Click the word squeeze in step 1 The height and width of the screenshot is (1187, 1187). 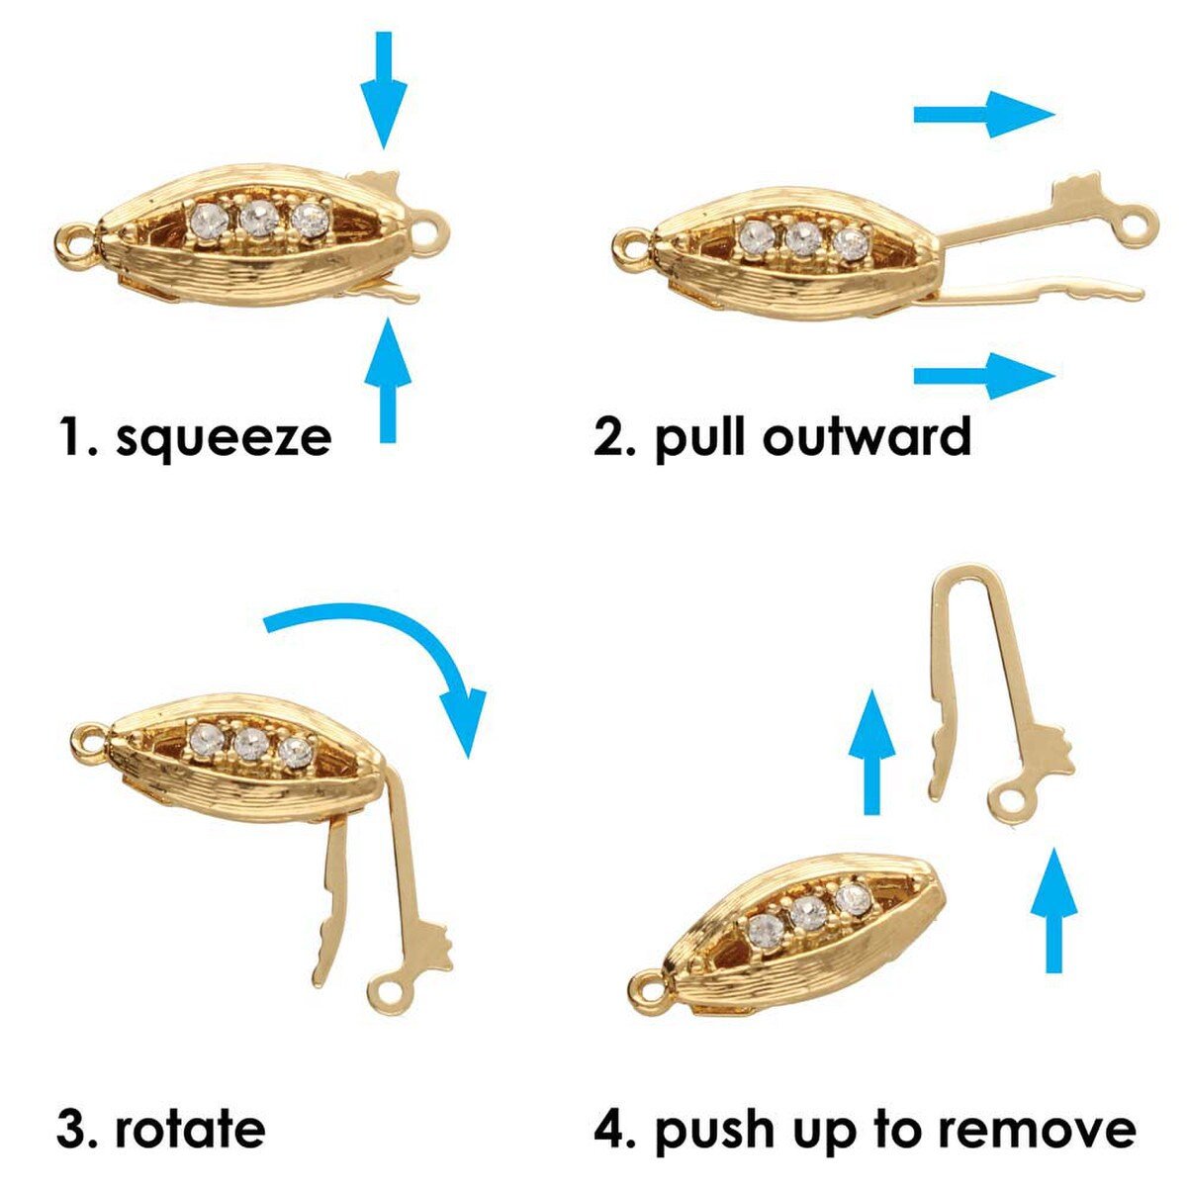[x=223, y=438]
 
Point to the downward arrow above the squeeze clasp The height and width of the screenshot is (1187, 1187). [x=384, y=89]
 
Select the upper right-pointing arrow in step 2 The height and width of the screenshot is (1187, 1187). [x=983, y=115]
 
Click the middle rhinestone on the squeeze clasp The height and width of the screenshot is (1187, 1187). [x=259, y=219]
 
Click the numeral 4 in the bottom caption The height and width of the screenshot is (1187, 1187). [x=609, y=1129]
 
